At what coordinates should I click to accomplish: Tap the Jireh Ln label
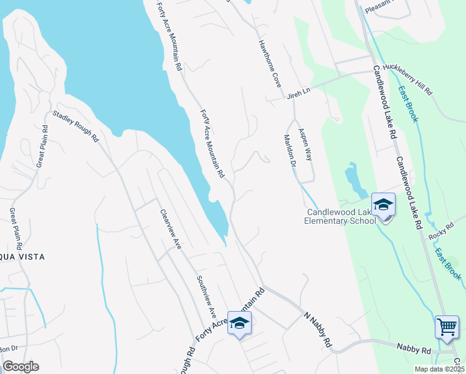point(298,93)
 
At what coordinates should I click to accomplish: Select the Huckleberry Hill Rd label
point(407,79)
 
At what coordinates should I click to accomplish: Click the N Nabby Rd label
point(317,328)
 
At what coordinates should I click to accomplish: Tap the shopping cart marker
point(447,327)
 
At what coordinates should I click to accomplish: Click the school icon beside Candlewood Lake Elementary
point(383,204)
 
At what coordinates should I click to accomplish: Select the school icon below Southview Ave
point(239,323)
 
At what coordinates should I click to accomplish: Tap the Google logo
point(21,367)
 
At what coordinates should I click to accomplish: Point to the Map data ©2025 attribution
point(439,369)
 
